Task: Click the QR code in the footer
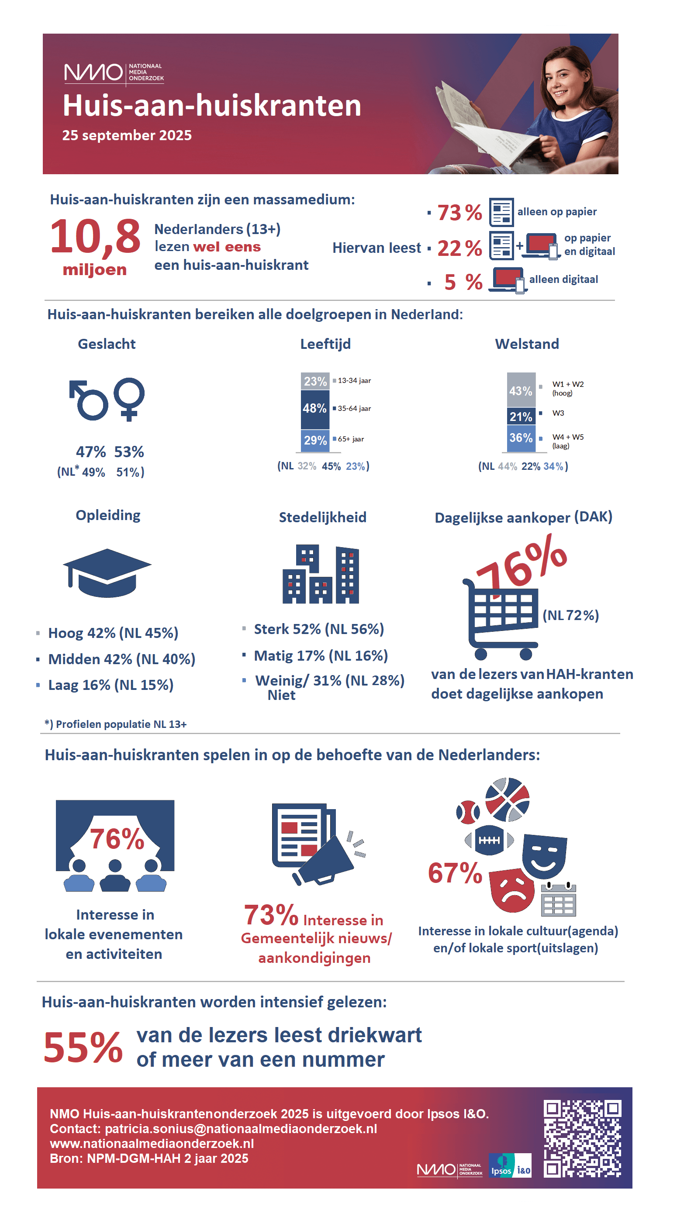pyautogui.click(x=582, y=1138)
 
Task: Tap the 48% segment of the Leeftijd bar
pyautogui.click(x=315, y=409)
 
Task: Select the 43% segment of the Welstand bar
pyautogui.click(x=521, y=390)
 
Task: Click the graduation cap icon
pyautogui.click(x=107, y=572)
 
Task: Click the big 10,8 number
pyautogui.click(x=95, y=237)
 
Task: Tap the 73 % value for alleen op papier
pyautogui.click(x=459, y=213)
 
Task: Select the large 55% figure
pyautogui.click(x=83, y=1048)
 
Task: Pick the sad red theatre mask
pyautogui.click(x=512, y=890)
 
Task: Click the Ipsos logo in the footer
pyautogui.click(x=501, y=1165)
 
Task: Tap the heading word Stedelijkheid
pyautogui.click(x=322, y=517)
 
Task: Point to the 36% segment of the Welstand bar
pyautogui.click(x=521, y=438)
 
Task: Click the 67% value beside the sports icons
pyautogui.click(x=455, y=872)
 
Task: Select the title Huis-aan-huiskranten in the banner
pyautogui.click(x=212, y=105)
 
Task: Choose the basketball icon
pyautogui.click(x=507, y=800)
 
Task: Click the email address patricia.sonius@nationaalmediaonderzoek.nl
pyautogui.click(x=241, y=1129)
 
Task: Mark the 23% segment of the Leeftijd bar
pyautogui.click(x=315, y=382)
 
